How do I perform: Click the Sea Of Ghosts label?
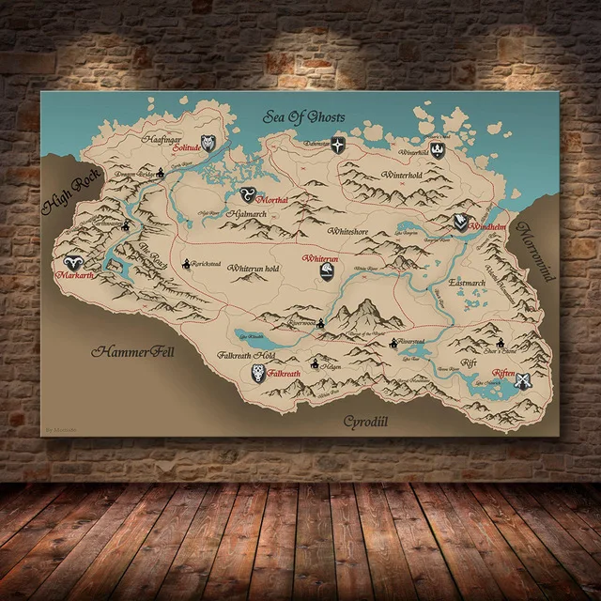click(x=303, y=117)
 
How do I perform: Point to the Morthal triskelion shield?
click(x=249, y=193)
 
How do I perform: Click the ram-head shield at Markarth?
click(x=70, y=265)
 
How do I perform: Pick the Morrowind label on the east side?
click(x=543, y=254)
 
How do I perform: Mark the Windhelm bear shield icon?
click(x=460, y=222)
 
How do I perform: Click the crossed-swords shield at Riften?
click(x=525, y=381)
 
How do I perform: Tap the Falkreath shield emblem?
click(x=258, y=373)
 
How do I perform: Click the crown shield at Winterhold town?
click(x=438, y=149)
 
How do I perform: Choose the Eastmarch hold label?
click(x=467, y=282)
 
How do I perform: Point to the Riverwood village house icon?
click(x=320, y=324)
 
